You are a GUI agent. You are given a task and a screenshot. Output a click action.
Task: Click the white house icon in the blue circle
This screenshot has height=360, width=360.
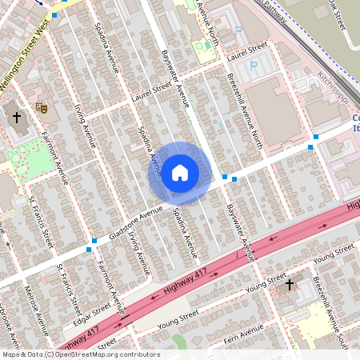click(179, 173)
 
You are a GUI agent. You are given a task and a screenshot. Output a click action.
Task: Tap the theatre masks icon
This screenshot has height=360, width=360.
click(42, 106)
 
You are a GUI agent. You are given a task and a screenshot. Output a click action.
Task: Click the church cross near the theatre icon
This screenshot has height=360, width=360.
click(16, 118)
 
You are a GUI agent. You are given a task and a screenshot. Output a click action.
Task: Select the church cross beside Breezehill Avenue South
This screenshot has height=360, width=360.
click(290, 283)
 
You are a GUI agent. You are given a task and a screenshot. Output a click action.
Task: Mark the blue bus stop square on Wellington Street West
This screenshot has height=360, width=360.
click(54, 15)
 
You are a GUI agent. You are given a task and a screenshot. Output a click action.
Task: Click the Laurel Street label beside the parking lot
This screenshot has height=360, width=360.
click(246, 51)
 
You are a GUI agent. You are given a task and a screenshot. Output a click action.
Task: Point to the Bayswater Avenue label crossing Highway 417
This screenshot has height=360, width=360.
click(239, 231)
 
